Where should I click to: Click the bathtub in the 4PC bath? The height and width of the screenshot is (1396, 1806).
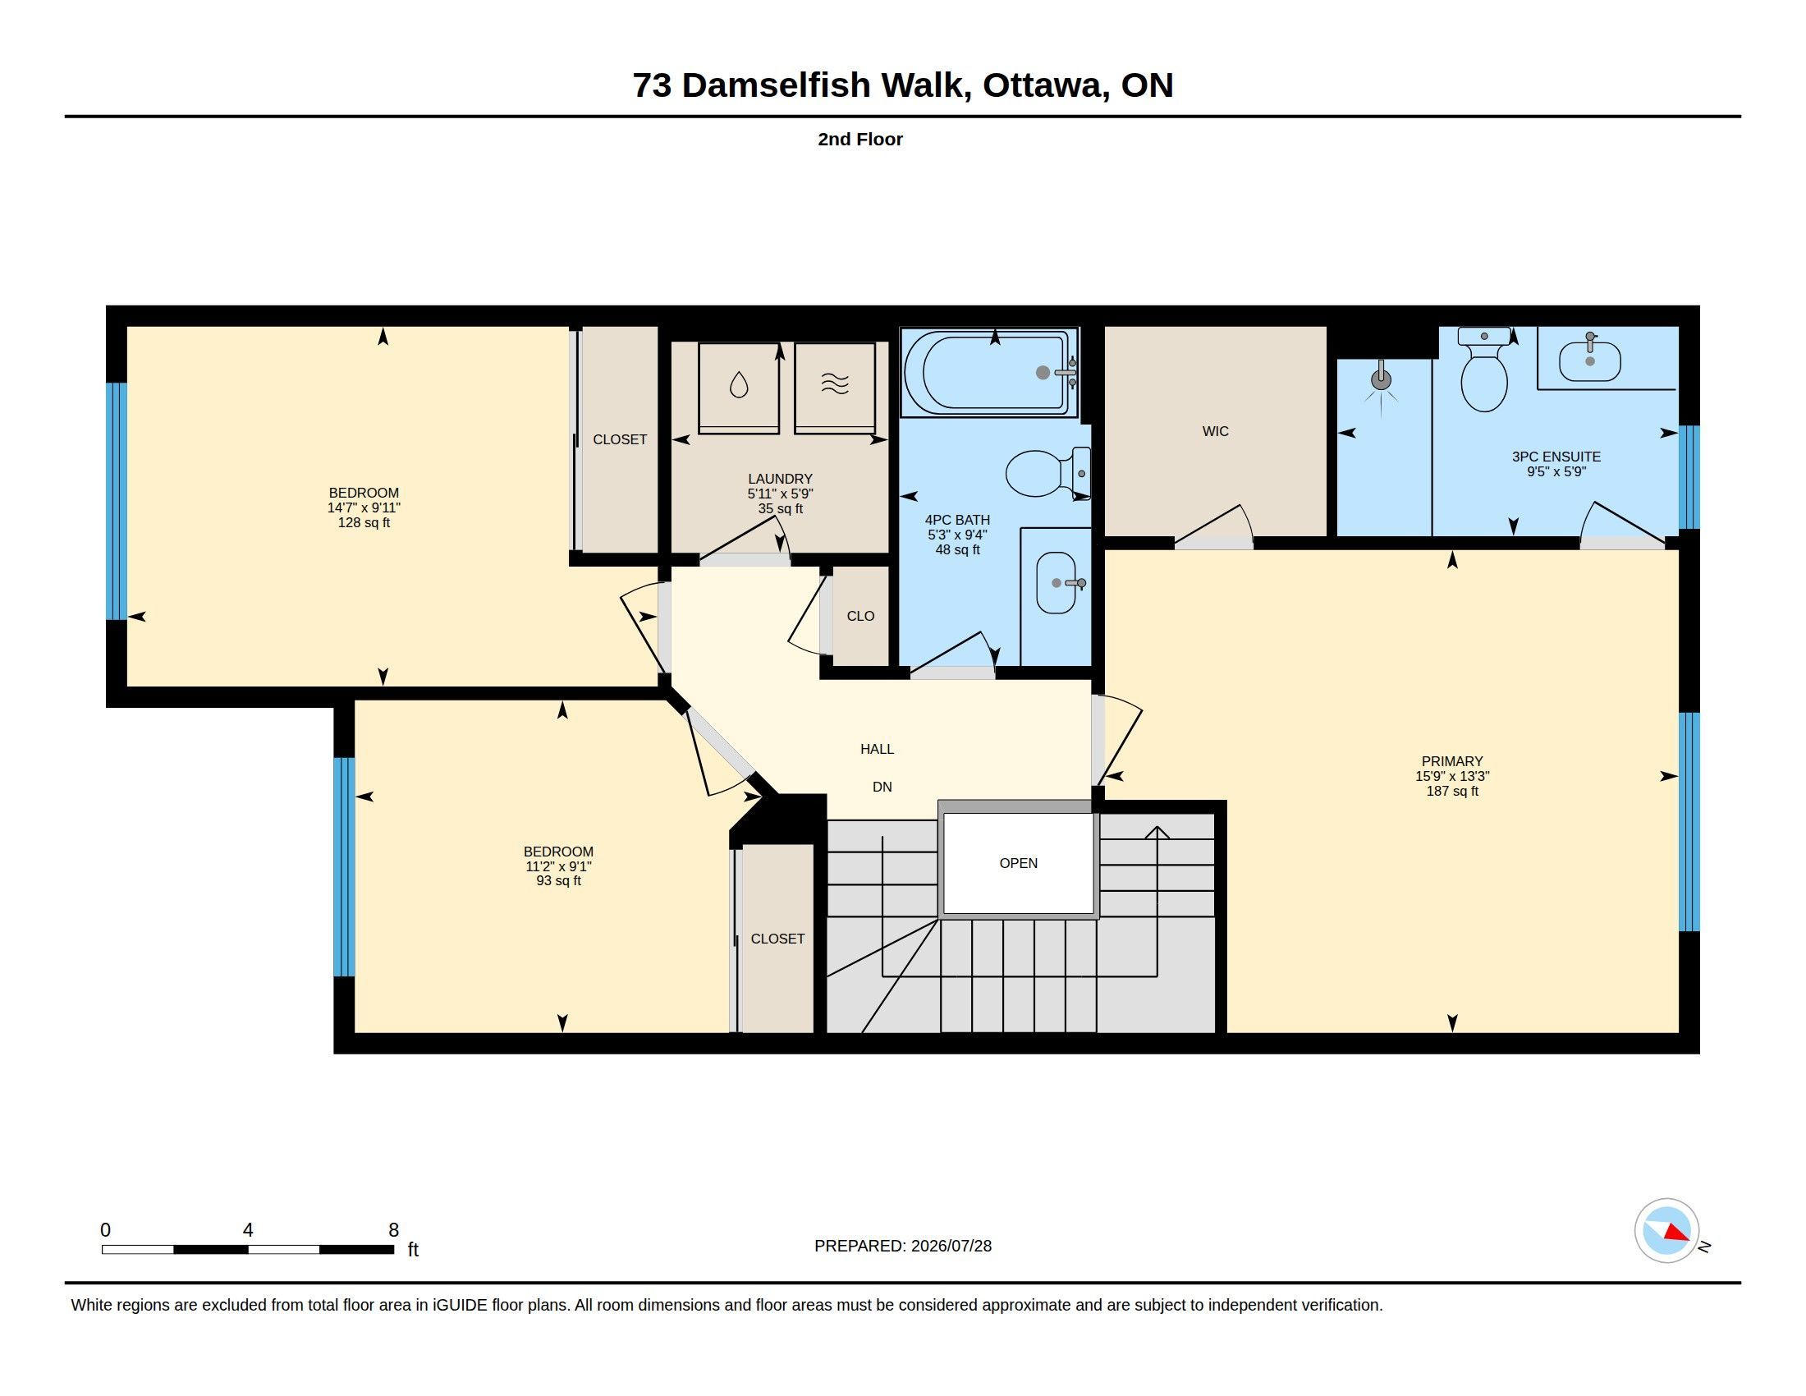(990, 372)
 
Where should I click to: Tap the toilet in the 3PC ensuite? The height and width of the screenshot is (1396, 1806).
(1484, 370)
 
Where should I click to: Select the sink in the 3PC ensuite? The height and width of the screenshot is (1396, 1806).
(1589, 360)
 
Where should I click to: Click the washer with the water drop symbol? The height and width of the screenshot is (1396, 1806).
(739, 387)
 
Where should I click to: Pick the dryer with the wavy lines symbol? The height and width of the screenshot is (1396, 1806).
(835, 387)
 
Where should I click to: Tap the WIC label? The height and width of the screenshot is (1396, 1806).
(1216, 431)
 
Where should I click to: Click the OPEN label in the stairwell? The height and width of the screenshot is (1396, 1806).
(1018, 862)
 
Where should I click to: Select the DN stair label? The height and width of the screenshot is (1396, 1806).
(882, 787)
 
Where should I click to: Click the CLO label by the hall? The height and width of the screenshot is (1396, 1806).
(861, 615)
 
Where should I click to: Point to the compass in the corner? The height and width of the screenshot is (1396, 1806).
(1667, 1230)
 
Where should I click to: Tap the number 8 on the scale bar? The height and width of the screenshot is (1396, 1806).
(393, 1230)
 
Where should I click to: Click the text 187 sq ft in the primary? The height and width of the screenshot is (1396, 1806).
(1452, 791)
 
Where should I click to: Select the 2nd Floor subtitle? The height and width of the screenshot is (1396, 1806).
(860, 139)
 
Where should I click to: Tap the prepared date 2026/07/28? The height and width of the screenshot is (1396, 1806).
(951, 1246)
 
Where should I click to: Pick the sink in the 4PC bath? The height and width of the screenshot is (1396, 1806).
(1057, 583)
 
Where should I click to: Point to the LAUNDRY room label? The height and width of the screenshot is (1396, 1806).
(780, 479)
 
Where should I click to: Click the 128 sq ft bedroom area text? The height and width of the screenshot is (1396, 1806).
(364, 522)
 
